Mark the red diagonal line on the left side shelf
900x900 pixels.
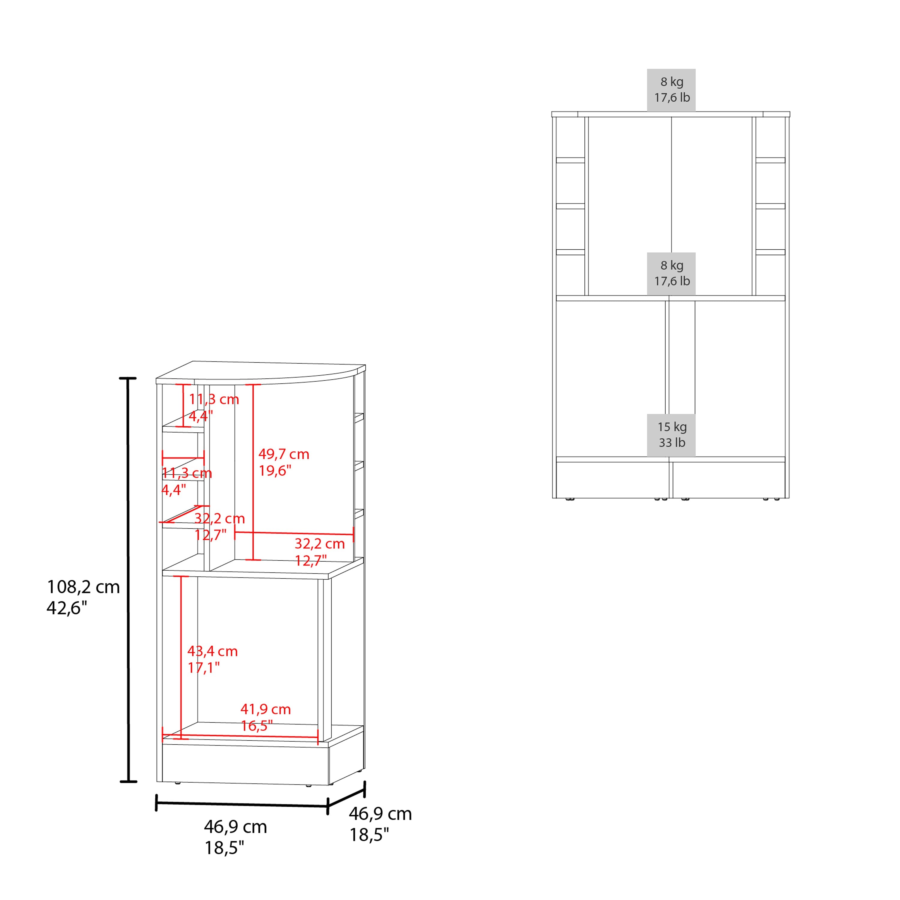[182, 514]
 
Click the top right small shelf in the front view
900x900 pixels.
[770, 160]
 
